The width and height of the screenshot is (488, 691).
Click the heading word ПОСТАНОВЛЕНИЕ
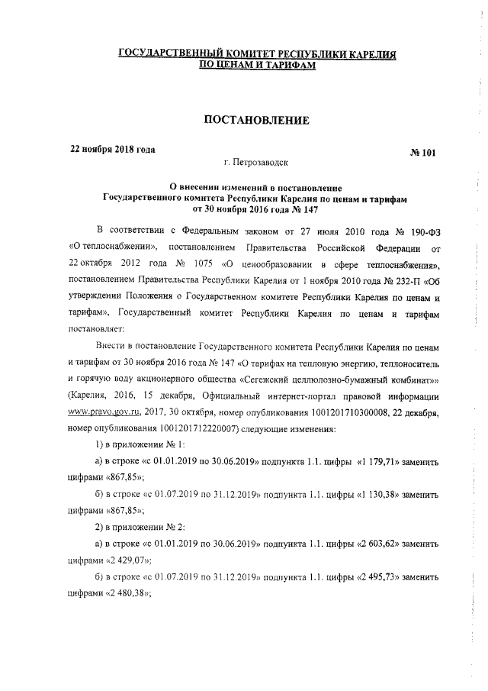pos(254,120)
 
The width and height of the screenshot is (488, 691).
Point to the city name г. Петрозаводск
pos(256,163)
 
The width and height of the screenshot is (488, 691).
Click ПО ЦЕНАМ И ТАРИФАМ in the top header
pos(256,66)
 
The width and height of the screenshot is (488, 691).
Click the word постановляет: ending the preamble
pos(98,332)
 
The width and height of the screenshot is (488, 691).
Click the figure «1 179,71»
pos(361,463)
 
